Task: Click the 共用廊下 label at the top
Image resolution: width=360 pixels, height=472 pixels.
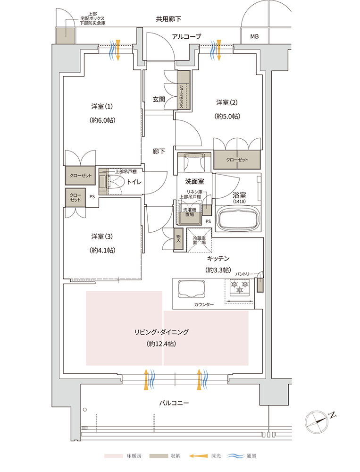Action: click(x=168, y=19)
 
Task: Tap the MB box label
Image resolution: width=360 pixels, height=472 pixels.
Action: click(x=254, y=36)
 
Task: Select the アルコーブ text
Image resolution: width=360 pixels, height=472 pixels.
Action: click(x=186, y=36)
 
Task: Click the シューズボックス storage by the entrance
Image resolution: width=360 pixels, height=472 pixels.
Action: click(x=184, y=90)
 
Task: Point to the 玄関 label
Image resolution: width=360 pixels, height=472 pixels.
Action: click(x=159, y=99)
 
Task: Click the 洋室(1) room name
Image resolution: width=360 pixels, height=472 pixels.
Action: click(x=102, y=106)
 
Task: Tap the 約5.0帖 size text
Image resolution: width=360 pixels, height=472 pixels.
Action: click(x=227, y=116)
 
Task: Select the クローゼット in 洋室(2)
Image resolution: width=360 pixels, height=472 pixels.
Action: click(x=237, y=160)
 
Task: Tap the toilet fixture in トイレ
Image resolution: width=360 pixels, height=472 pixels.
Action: click(x=112, y=182)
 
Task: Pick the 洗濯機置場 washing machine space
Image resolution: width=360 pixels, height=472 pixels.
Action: click(x=190, y=214)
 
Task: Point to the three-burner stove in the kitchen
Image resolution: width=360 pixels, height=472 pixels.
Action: click(x=240, y=287)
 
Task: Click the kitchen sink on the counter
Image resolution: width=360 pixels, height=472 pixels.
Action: click(x=191, y=289)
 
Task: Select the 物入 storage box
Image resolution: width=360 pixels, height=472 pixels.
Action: click(x=178, y=239)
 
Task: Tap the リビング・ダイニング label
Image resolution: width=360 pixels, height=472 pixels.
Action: click(x=161, y=332)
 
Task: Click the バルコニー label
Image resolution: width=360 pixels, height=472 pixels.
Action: click(x=174, y=403)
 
